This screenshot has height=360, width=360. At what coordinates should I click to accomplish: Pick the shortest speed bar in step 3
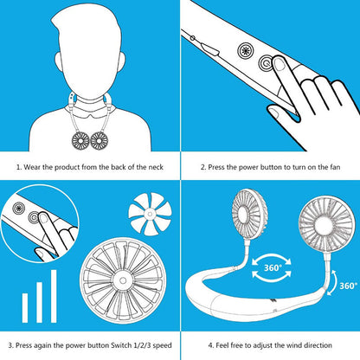(x=25, y=304)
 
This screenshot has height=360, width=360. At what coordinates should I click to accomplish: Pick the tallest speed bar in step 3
(x=54, y=292)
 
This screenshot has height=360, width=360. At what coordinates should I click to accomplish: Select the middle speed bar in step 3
(x=40, y=298)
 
